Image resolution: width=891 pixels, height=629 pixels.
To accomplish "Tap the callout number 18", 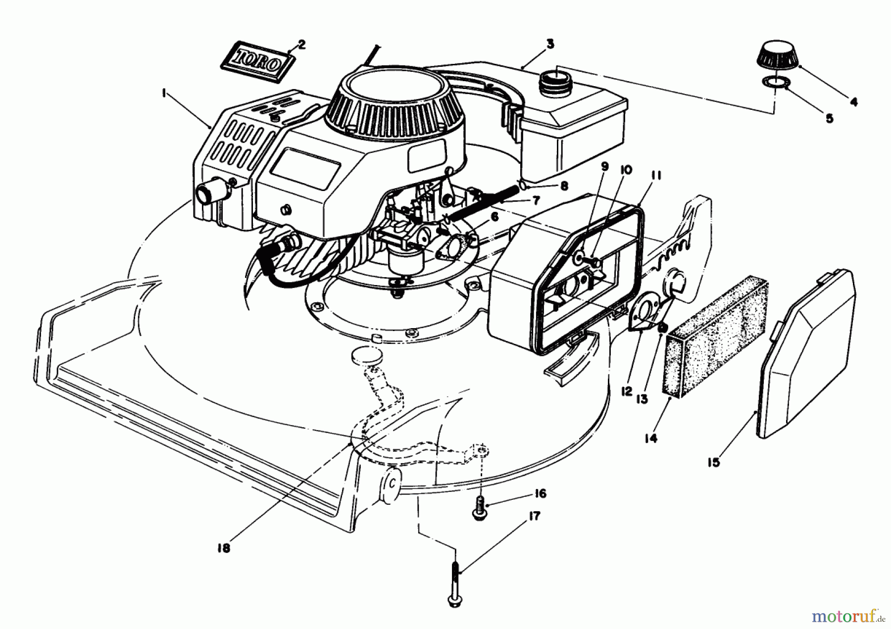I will click(x=224, y=548).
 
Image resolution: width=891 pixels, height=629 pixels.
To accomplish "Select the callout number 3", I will click(x=549, y=44).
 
